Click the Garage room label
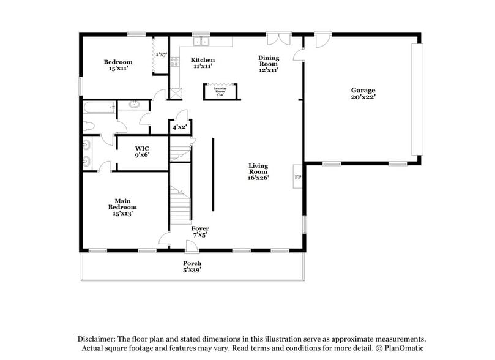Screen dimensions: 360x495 (x=363, y=90)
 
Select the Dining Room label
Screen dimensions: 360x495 (x=269, y=61)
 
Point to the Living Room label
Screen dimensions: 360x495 (x=258, y=168)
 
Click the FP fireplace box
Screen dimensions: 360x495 (x=298, y=177)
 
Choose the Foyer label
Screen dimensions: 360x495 (x=200, y=229)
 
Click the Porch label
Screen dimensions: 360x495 (x=192, y=263)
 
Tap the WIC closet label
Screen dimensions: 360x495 (x=142, y=148)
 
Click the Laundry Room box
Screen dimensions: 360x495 (x=220, y=91)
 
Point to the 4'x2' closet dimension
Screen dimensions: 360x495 (x=179, y=127)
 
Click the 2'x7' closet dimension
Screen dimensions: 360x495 (x=161, y=55)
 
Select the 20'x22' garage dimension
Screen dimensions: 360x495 (x=363, y=97)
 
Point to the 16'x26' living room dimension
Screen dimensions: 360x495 (x=258, y=178)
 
